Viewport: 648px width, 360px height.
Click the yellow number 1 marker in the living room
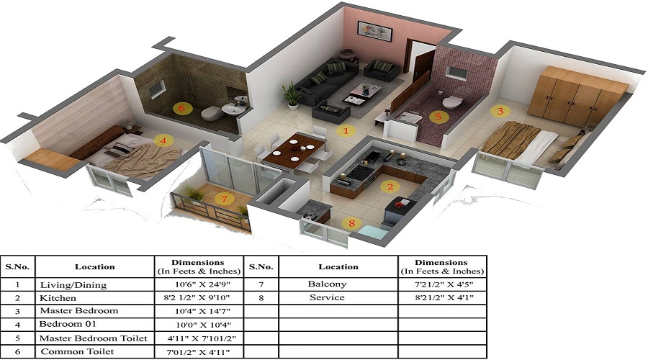[346, 131]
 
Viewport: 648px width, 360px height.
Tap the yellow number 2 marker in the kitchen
[390, 187]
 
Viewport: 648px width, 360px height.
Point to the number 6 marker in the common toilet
[181, 108]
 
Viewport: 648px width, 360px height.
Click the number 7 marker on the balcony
[225, 198]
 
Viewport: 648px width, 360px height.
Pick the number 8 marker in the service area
[351, 223]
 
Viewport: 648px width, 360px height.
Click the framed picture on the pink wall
[374, 30]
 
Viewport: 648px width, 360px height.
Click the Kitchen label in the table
[58, 297]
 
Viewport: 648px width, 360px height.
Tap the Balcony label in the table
[327, 284]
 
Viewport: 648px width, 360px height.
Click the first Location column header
[94, 266]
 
